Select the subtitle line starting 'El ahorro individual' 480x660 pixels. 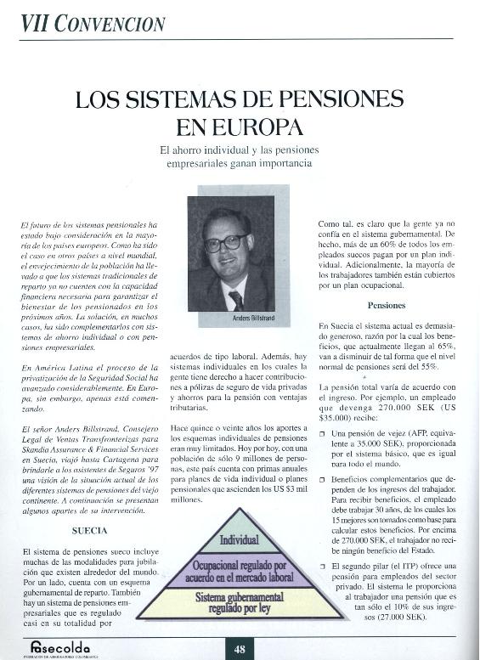coord(240,149)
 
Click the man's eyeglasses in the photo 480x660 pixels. coord(225,242)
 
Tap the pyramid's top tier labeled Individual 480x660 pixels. coord(240,539)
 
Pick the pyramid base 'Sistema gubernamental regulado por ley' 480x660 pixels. coord(240,604)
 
